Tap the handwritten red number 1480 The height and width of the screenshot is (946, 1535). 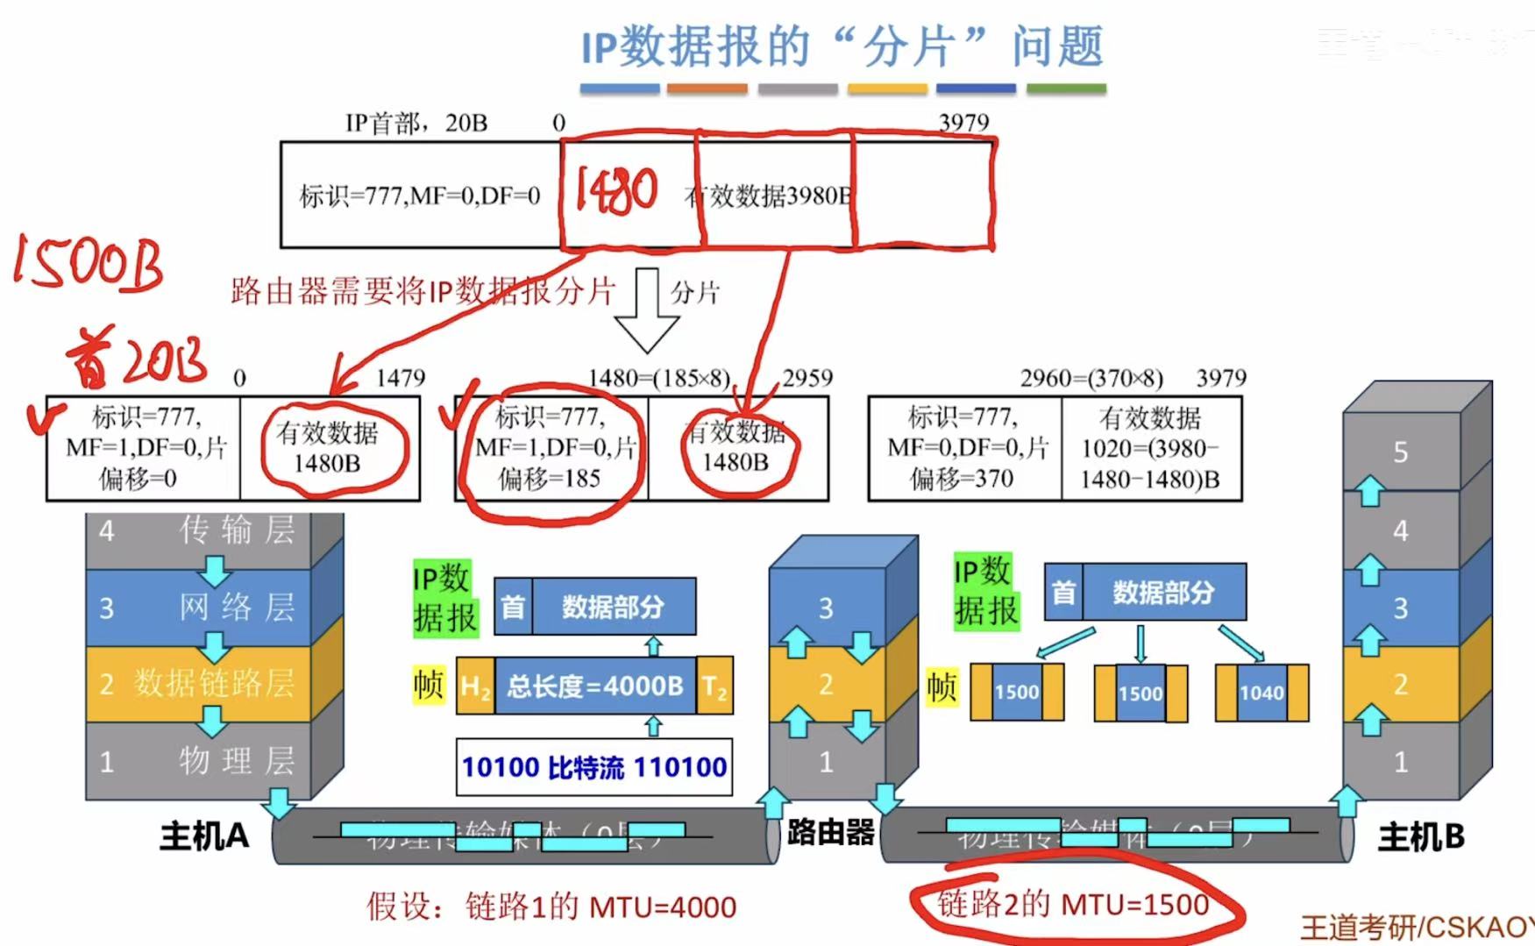(616, 190)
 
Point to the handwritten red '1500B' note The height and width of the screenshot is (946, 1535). (88, 263)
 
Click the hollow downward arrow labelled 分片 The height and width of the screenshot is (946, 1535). (647, 310)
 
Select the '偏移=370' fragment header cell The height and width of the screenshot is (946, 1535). (965, 448)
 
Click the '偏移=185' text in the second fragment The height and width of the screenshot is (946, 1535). (550, 479)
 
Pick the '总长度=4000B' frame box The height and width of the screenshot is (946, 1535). (595, 686)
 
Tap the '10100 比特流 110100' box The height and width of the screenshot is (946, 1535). (594, 767)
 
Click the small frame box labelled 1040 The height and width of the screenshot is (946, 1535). (1261, 693)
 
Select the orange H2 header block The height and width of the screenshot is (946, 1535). (475, 686)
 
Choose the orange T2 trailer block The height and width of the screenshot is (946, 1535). (715, 686)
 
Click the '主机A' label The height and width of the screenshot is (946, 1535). (203, 836)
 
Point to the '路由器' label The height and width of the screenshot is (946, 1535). (830, 832)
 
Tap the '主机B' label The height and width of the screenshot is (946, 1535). (1421, 837)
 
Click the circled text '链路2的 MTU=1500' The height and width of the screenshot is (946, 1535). (1073, 904)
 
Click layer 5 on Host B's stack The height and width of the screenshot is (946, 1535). (1400, 452)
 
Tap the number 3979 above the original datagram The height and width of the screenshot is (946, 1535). (963, 123)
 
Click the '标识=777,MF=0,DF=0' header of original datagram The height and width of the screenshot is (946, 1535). (420, 196)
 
